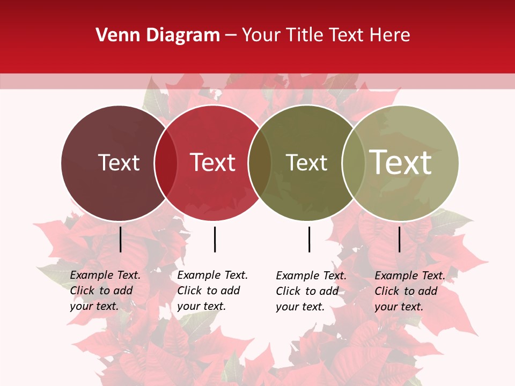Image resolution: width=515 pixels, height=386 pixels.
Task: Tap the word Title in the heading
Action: click(305, 35)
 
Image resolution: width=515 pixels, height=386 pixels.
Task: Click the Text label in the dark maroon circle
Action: click(119, 162)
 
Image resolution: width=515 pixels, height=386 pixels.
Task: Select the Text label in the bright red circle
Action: click(212, 162)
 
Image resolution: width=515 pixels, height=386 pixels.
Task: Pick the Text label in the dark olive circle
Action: click(306, 162)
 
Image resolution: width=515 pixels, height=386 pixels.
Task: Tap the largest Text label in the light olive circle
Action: click(401, 162)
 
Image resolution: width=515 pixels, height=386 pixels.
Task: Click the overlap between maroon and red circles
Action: click(166, 163)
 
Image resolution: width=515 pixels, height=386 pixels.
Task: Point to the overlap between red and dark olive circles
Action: click(260, 163)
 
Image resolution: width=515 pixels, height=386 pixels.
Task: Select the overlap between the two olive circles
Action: click(354, 163)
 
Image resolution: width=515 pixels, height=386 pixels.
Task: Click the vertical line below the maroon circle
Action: click(121, 239)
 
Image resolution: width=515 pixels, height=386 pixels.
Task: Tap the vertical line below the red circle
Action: click(215, 239)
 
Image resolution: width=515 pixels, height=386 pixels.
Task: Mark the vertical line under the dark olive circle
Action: click(310, 239)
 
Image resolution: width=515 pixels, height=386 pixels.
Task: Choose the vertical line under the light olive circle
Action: click(400, 239)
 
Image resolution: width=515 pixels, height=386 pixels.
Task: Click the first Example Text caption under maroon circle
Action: click(105, 291)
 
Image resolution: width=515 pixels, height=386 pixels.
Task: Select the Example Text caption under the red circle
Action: click(212, 291)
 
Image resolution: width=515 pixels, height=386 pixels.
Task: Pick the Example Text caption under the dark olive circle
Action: click(311, 291)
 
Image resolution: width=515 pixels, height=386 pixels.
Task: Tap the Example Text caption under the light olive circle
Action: click(410, 291)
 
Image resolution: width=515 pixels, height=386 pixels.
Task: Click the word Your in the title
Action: click(261, 35)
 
